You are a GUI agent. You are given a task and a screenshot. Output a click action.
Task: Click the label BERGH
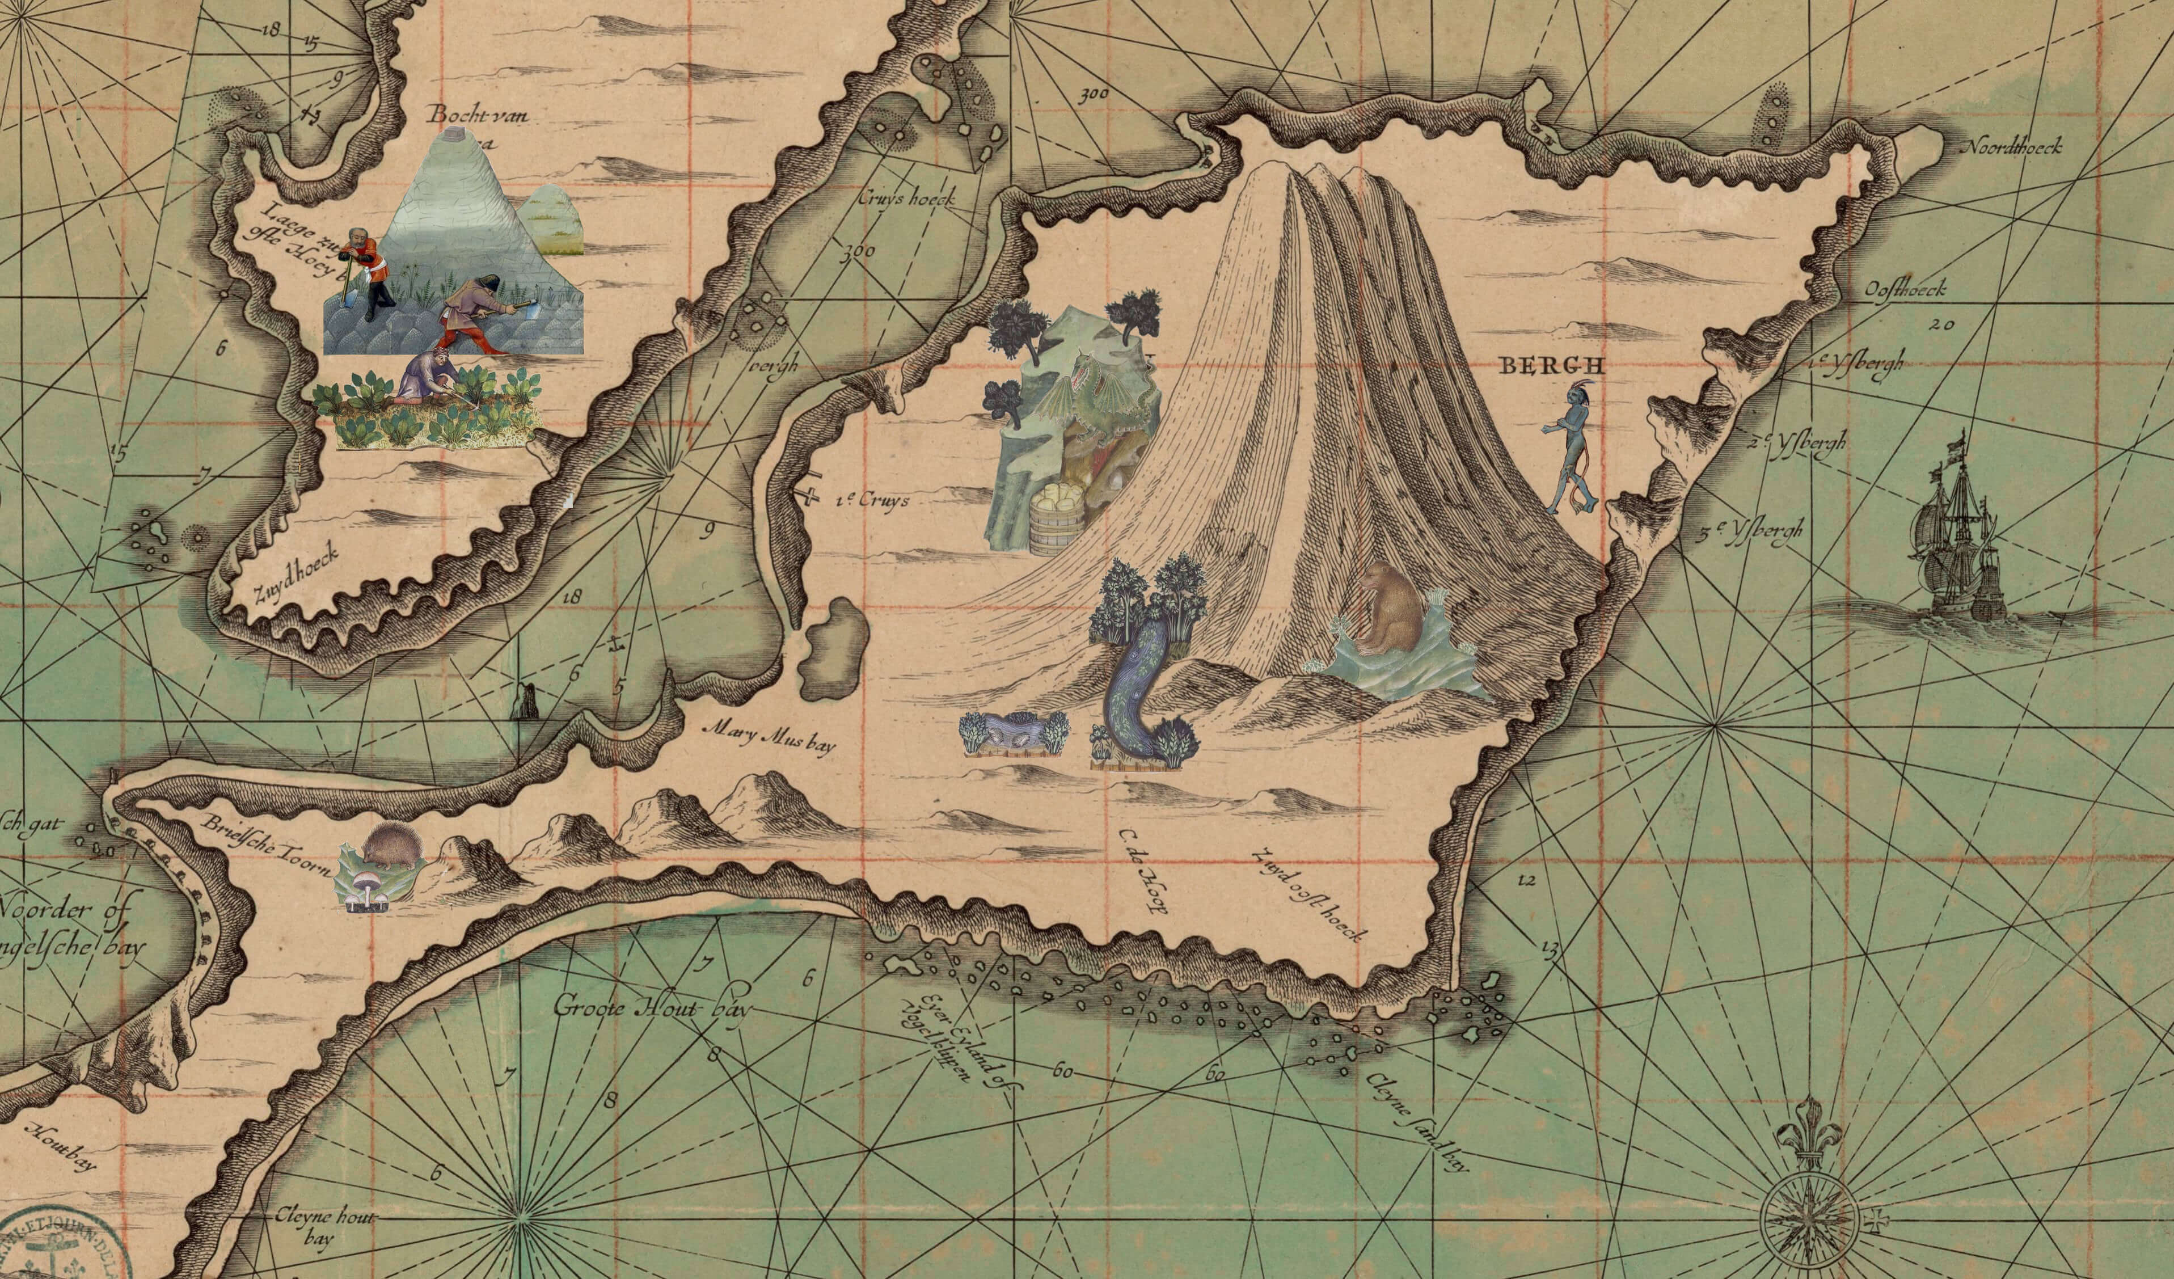pos(1552,366)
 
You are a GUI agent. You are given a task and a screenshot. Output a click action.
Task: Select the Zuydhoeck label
pos(293,575)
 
